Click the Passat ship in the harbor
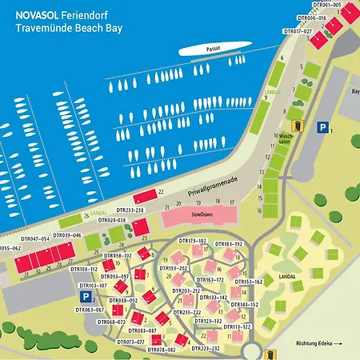click(210, 50)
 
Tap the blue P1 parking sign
click(322, 126)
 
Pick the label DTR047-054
click(35, 238)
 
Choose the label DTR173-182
click(192, 240)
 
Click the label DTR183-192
click(228, 243)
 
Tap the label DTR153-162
click(248, 282)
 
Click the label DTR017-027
click(298, 30)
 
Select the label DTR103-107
click(93, 285)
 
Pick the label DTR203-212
click(187, 290)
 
